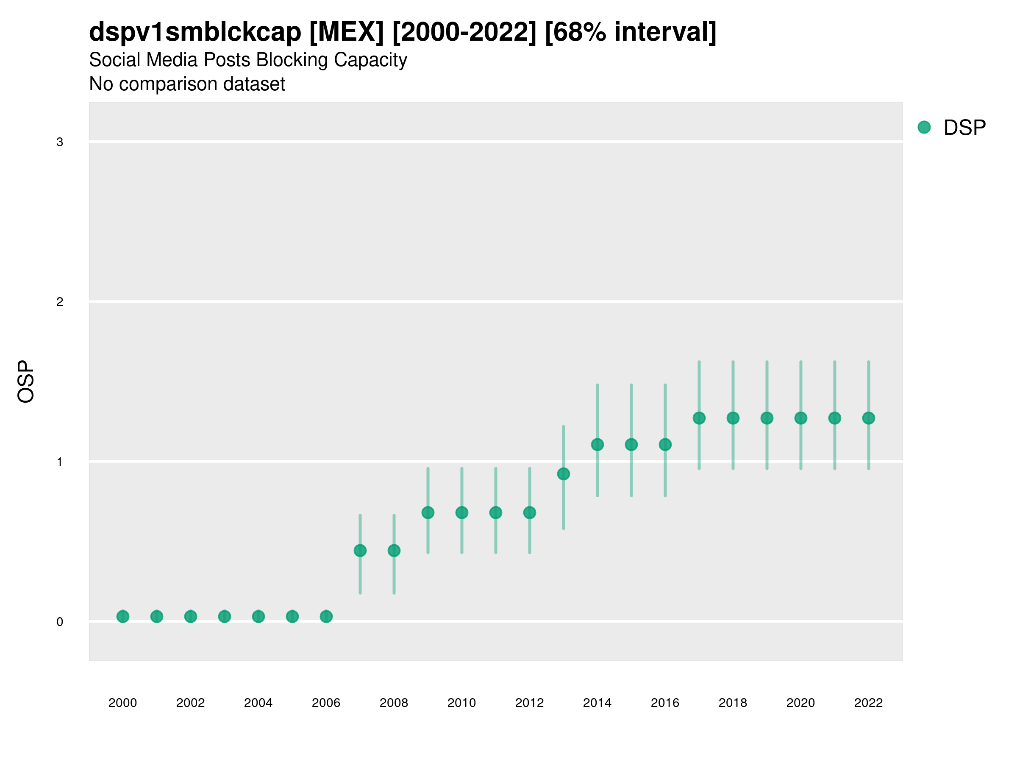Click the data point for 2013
coord(563,474)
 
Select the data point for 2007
coord(360,551)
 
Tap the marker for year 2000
coord(123,616)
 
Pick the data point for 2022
coord(869,418)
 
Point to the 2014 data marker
coord(597,444)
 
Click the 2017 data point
coord(699,418)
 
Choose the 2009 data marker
coord(428,512)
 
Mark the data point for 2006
coord(326,616)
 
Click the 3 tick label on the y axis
coord(60,142)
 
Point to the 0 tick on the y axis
coord(60,622)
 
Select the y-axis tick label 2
coord(60,302)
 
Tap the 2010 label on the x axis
coord(461,703)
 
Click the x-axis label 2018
coord(733,703)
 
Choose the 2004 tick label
coord(258,703)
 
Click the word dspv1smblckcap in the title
coord(195,32)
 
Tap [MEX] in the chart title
coord(346,32)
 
